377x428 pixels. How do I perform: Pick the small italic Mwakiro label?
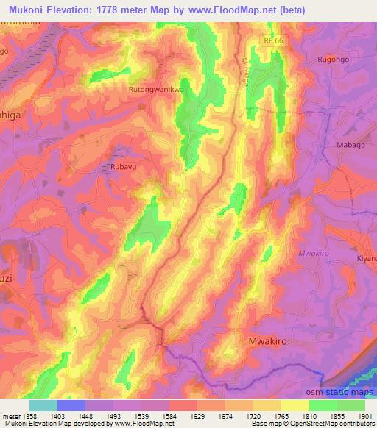point(312,254)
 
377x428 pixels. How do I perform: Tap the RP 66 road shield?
point(274,41)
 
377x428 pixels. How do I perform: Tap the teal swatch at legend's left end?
point(43,405)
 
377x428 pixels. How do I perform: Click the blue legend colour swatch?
point(71,405)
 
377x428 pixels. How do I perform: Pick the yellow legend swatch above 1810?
point(295,405)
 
